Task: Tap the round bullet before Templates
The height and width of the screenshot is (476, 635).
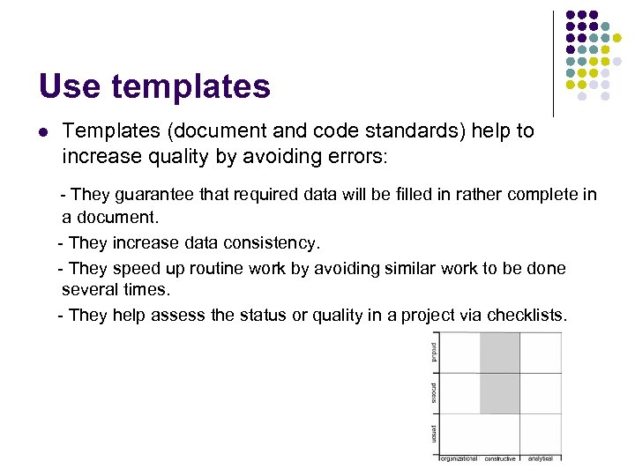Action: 43,132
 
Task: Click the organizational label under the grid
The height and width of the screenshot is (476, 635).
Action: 459,458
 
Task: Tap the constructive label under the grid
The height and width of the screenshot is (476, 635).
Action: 500,458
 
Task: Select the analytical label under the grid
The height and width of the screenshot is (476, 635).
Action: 541,458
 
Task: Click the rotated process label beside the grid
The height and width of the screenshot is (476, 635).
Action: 434,393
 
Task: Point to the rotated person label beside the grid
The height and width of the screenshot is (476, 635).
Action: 434,434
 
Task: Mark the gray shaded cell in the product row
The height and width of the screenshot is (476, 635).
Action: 500,352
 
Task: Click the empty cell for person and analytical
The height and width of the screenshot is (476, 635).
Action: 541,434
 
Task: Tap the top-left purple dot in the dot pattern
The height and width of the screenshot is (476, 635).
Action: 571,16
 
